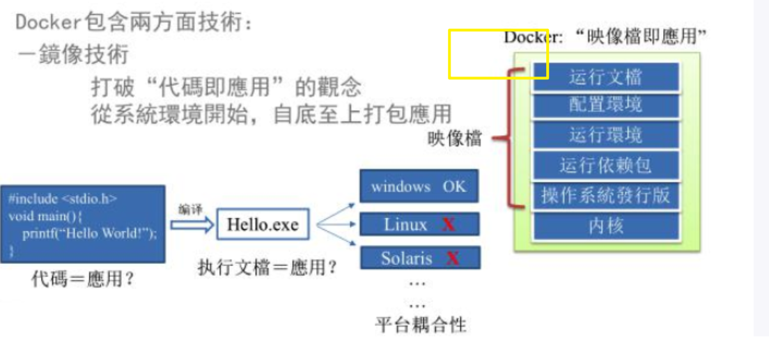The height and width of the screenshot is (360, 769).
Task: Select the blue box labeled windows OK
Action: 419,187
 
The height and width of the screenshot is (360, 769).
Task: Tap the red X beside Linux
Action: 449,224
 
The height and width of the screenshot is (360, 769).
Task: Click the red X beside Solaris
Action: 453,258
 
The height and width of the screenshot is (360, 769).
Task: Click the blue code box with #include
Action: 83,224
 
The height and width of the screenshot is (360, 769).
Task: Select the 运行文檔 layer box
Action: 605,77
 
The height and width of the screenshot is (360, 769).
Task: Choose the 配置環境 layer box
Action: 605,105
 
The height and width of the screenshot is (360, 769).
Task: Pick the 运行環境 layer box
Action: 605,135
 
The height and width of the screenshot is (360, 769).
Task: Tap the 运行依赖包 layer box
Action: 605,166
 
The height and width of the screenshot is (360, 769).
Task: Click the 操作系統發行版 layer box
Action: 605,196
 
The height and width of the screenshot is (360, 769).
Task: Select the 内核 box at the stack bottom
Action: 605,226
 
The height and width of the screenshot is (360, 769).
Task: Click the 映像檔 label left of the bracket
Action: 454,139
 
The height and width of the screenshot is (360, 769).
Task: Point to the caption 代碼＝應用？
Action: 83,280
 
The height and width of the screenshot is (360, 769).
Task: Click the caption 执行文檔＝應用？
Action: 267,266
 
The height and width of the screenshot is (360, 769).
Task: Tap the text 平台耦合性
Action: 421,324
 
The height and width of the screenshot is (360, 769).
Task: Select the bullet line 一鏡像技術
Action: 73,54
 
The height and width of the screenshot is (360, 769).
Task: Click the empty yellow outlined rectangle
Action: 498,53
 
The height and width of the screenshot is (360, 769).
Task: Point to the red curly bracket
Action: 512,139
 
